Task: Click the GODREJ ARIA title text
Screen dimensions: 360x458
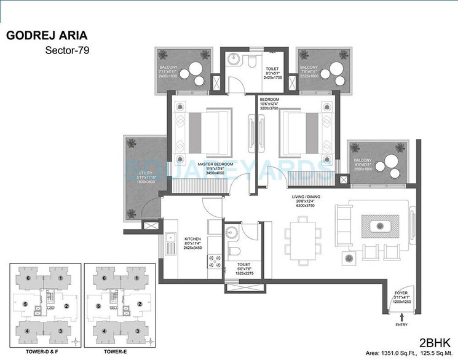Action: coord(47,35)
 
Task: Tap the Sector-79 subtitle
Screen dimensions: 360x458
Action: coord(68,51)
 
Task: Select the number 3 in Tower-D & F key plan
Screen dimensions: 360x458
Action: coord(60,331)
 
